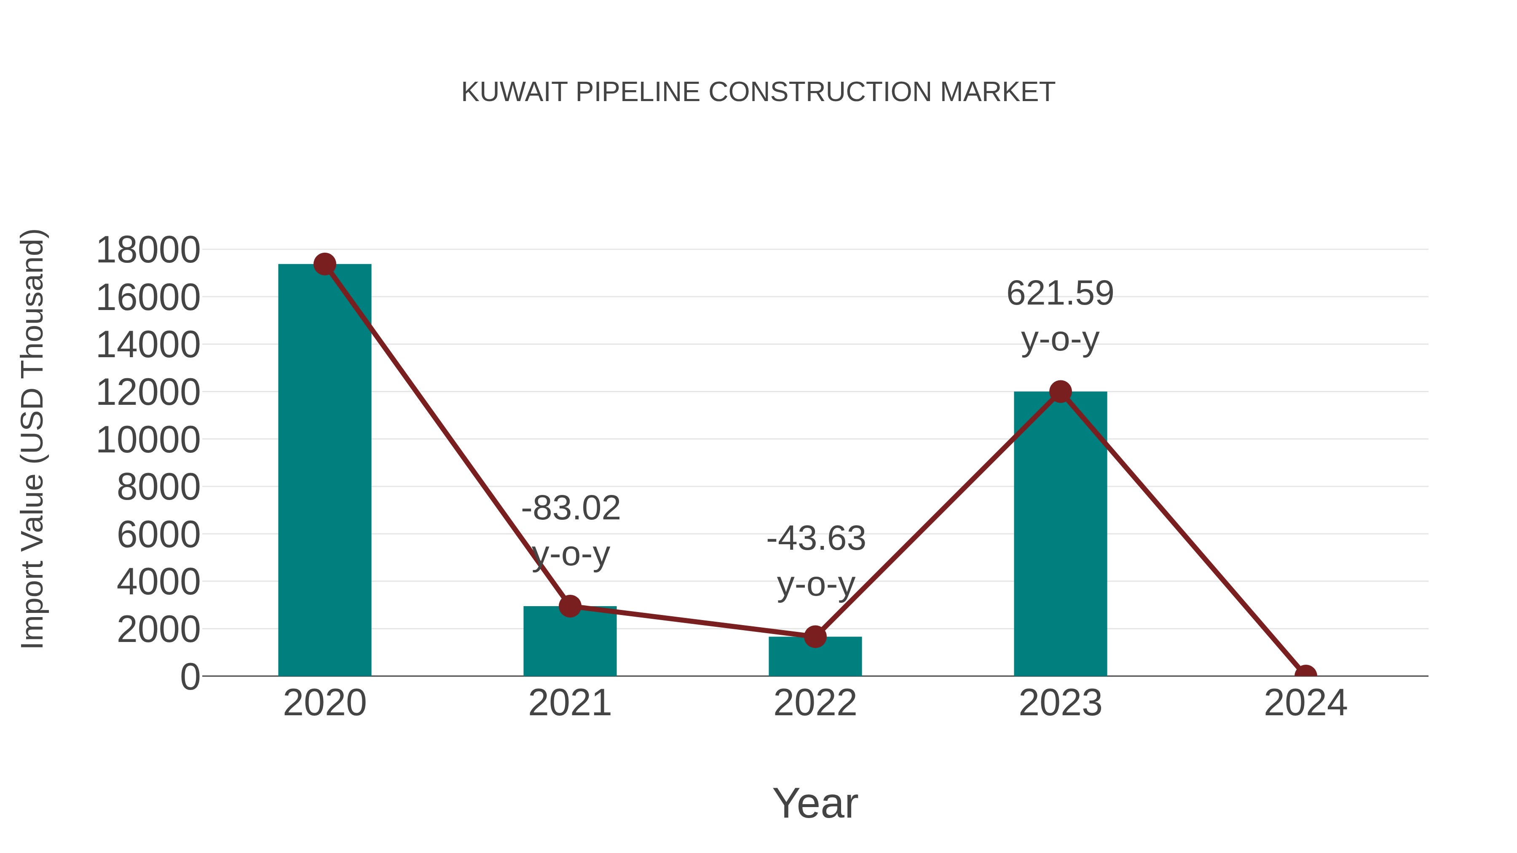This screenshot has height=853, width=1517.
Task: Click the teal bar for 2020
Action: [324, 471]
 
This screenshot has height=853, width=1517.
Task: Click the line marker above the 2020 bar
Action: [324, 264]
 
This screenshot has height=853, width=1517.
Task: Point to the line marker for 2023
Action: [1060, 391]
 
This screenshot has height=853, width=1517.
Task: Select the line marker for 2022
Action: [815, 636]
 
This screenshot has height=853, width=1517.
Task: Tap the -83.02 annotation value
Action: [571, 508]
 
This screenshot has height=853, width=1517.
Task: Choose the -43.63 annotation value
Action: [816, 539]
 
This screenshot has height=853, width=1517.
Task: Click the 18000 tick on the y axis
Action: [148, 250]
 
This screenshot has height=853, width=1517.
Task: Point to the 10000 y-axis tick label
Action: [148, 440]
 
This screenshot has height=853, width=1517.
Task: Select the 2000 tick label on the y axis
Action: [158, 629]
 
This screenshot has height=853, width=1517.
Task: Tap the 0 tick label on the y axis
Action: [190, 677]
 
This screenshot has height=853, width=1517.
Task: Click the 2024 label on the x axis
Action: [1305, 703]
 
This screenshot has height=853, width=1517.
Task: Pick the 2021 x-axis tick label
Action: [569, 703]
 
